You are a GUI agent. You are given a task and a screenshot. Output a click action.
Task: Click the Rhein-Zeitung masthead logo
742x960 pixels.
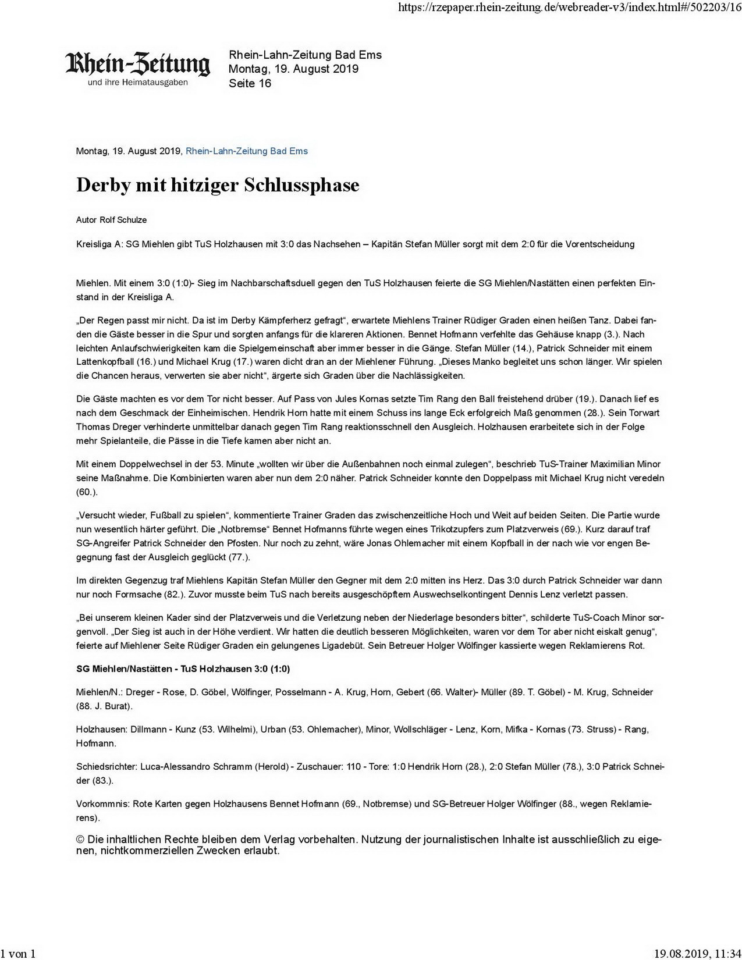click(137, 65)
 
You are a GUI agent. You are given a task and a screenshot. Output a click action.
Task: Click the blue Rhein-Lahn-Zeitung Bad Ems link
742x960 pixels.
click(246, 151)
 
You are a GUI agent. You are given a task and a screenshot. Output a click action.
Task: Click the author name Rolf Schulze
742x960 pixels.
click(123, 220)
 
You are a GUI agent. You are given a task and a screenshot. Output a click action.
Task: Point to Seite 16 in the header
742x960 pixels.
click(250, 83)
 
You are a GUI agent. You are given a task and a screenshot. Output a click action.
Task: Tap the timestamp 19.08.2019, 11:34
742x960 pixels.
click(697, 953)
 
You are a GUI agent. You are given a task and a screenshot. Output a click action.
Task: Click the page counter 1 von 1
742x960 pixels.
click(18, 953)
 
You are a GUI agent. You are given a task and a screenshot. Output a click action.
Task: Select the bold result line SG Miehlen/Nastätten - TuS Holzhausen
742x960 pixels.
click(183, 669)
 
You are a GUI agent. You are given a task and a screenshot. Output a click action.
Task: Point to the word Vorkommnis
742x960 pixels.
click(102, 804)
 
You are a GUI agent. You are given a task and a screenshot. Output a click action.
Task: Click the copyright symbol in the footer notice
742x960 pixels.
click(80, 840)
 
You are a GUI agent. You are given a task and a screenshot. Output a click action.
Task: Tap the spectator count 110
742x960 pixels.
click(353, 767)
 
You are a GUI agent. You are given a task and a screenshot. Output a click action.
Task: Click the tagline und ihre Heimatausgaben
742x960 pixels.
click(137, 83)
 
